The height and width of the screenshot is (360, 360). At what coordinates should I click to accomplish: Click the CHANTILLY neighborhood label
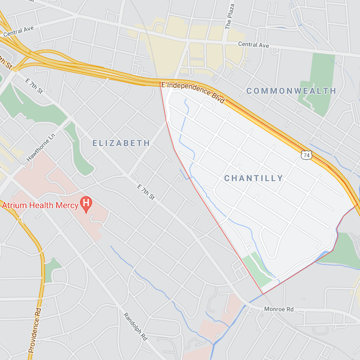[253, 178]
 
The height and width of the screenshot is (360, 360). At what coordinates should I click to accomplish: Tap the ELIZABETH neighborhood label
[121, 143]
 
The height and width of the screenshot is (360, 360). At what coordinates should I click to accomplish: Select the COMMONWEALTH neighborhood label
[291, 91]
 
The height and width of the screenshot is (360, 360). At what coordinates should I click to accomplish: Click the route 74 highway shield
[307, 155]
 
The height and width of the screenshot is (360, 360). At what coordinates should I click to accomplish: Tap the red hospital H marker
[86, 204]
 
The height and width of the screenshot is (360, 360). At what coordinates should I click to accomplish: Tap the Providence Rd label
[34, 331]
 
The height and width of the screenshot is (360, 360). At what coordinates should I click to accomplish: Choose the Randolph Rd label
[136, 326]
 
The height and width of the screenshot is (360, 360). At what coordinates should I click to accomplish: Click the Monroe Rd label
[279, 309]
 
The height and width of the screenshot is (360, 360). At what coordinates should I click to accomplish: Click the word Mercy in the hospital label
[66, 205]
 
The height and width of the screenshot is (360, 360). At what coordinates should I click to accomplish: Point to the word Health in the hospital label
[41, 205]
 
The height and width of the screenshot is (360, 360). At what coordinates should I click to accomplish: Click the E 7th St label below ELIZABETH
[146, 193]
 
